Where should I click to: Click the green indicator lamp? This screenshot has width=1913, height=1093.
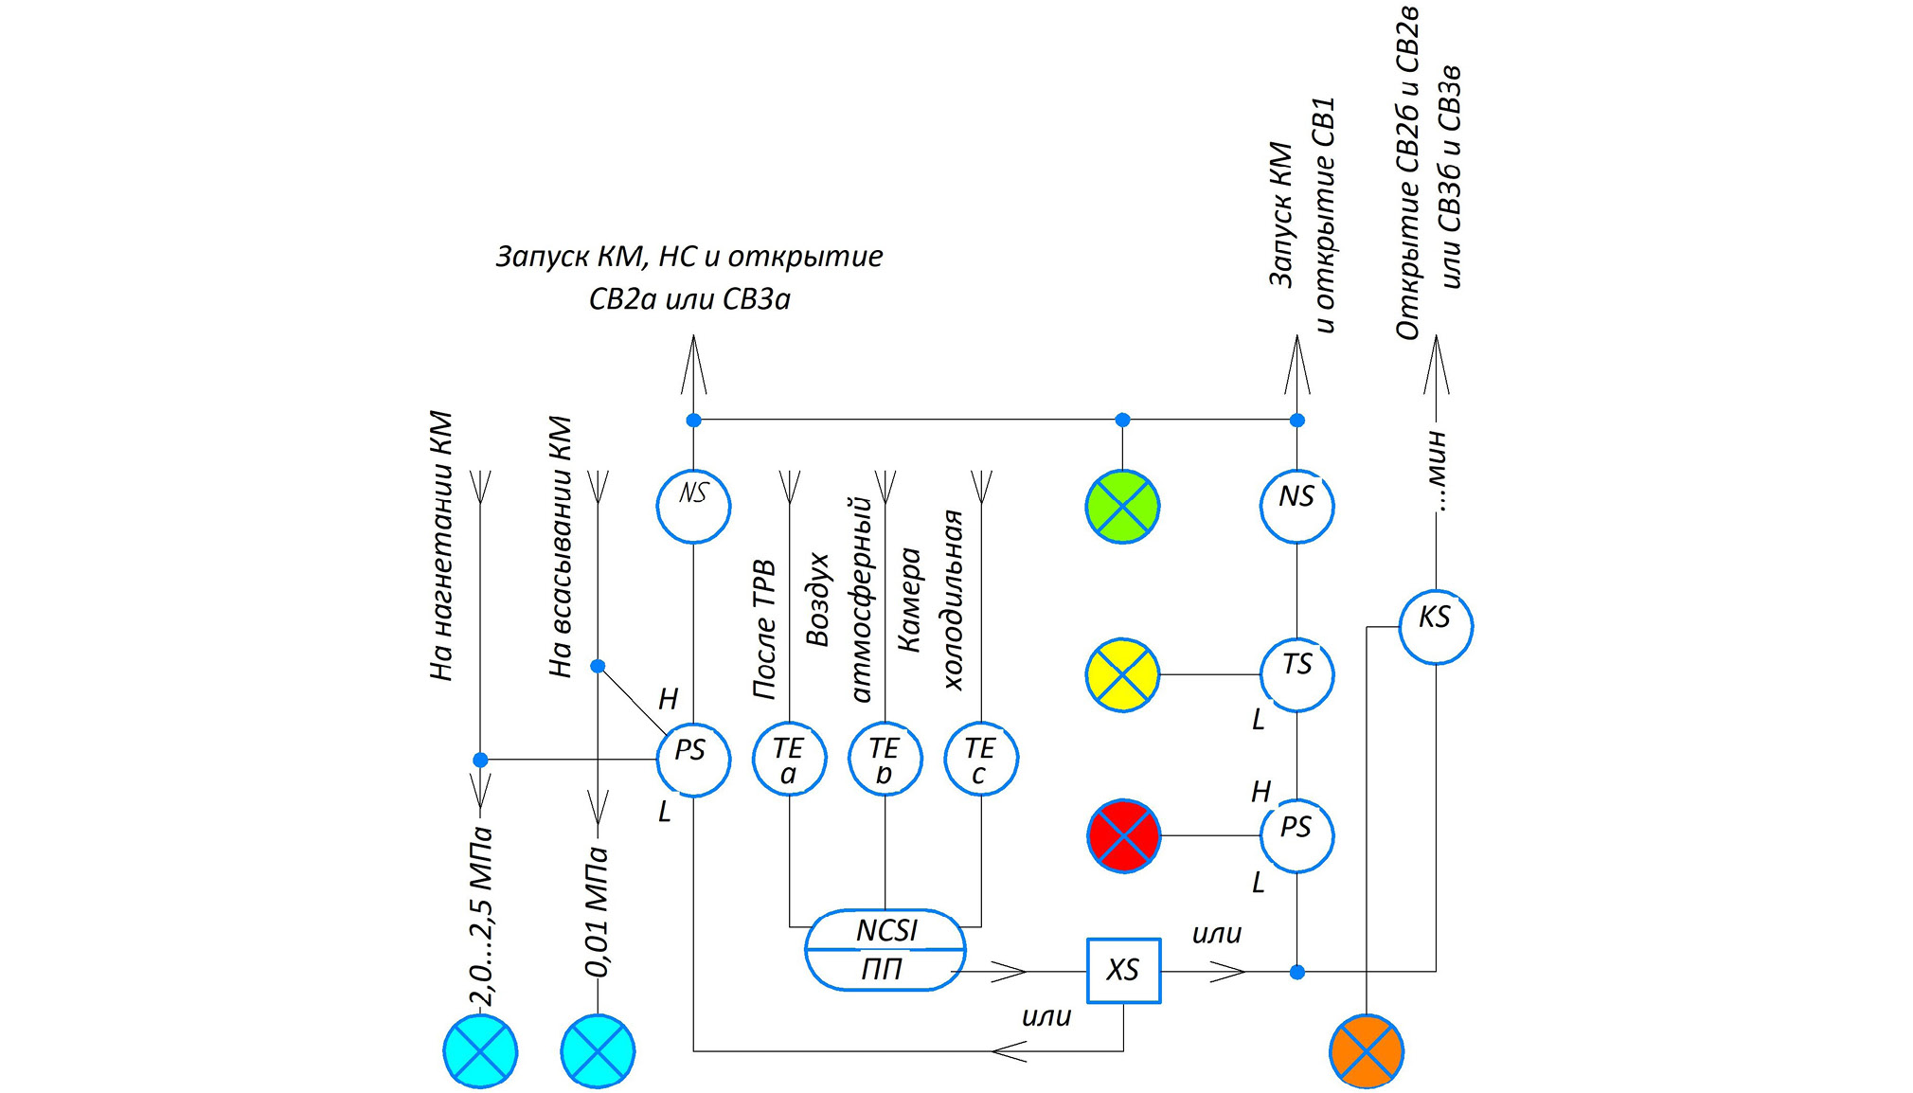[1122, 507]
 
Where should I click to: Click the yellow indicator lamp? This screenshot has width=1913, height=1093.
[1122, 674]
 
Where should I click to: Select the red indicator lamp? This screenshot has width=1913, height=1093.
[1123, 835]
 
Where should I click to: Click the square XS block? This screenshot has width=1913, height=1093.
[1123, 970]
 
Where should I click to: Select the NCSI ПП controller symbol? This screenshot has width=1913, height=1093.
[885, 949]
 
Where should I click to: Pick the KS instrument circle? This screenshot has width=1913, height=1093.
[1436, 626]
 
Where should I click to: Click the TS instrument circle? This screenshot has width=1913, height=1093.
[1296, 674]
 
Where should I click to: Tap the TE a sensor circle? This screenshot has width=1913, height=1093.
[789, 759]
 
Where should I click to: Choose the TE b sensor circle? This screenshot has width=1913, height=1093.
[885, 759]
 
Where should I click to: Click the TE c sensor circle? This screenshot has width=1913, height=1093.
[981, 759]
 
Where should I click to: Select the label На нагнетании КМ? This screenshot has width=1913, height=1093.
[441, 546]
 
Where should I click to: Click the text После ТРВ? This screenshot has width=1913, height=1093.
[764, 630]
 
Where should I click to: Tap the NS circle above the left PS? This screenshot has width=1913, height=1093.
[693, 507]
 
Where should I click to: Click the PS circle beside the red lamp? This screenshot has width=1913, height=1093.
[1296, 835]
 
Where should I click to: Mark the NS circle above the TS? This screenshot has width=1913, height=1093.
[1296, 507]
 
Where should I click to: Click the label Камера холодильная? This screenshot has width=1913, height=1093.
[931, 600]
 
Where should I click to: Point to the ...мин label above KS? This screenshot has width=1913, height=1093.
[1436, 471]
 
